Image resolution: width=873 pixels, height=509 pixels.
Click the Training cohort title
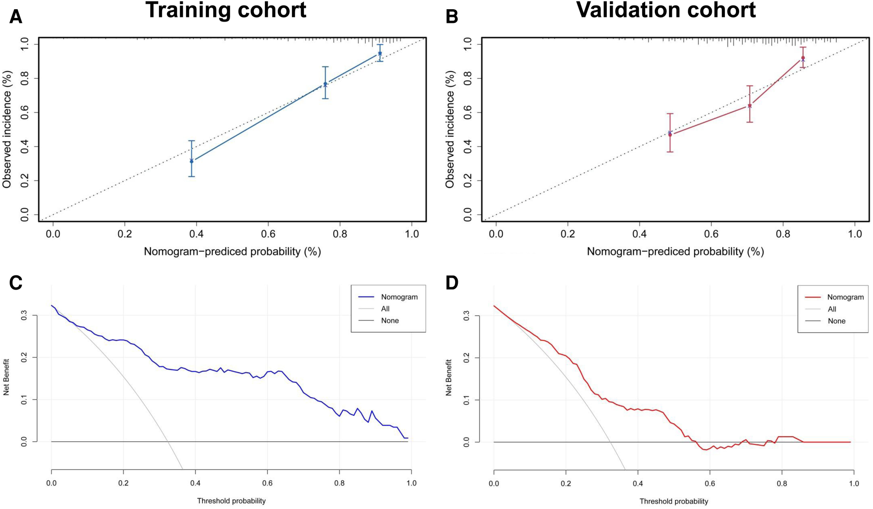click(x=225, y=10)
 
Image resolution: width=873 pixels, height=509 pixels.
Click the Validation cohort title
click(x=666, y=10)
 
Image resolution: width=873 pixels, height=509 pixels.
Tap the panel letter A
click(x=16, y=17)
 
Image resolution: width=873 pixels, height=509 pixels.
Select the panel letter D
click(x=452, y=283)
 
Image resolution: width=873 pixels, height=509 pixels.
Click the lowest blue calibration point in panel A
click(x=192, y=161)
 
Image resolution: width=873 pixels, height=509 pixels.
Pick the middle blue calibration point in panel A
click(x=325, y=84)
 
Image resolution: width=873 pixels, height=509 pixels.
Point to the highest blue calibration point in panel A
click(x=380, y=54)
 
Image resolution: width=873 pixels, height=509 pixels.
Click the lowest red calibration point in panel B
click(x=670, y=134)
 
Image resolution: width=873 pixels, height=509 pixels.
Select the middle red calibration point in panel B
click(x=750, y=106)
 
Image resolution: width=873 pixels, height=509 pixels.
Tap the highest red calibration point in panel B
click(x=803, y=58)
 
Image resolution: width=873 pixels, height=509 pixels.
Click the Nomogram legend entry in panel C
click(x=399, y=297)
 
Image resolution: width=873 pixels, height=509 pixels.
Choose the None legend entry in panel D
click(x=836, y=321)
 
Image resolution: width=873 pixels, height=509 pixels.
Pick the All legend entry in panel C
click(x=385, y=309)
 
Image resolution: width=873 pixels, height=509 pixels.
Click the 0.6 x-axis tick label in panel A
click(x=268, y=234)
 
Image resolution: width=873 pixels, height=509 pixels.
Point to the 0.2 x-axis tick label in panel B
click(x=567, y=234)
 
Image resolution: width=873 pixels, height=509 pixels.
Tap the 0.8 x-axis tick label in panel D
click(x=782, y=483)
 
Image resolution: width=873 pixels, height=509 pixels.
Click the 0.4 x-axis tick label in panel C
click(x=195, y=483)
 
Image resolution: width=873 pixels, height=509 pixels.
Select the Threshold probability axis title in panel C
click(x=231, y=501)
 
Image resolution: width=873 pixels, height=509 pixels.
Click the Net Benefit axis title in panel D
click(x=449, y=378)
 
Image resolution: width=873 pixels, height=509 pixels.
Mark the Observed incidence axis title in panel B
click(x=450, y=129)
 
